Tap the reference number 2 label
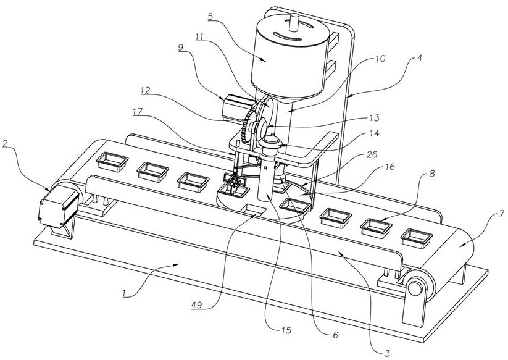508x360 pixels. pyautogui.click(x=5, y=144)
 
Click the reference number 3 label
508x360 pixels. pyautogui.click(x=386, y=353)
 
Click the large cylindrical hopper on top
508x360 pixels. pyautogui.click(x=288, y=59)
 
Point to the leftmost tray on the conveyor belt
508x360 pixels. pyautogui.click(x=112, y=162)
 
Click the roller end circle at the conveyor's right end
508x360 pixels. pyautogui.click(x=417, y=288)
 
